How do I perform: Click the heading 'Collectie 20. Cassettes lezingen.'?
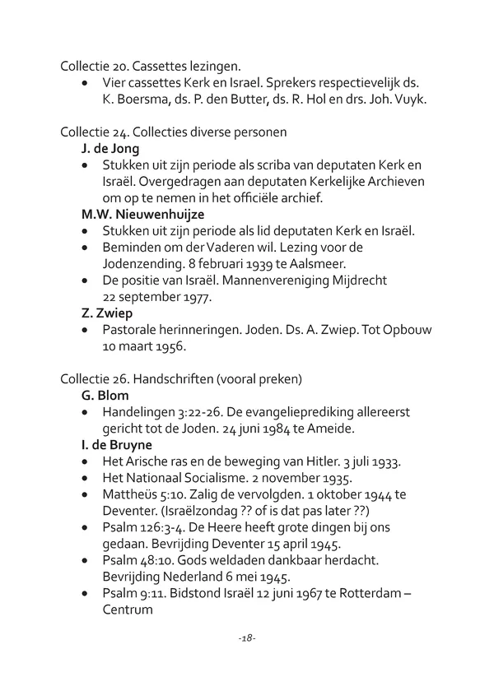click(x=157, y=65)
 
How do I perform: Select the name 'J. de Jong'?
click(x=111, y=148)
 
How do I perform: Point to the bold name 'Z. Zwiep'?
click(x=107, y=313)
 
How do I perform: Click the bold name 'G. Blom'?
click(x=105, y=395)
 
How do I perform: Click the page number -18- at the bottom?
click(x=247, y=637)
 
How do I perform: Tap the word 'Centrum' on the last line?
click(x=128, y=610)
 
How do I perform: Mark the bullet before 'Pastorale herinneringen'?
click(x=87, y=330)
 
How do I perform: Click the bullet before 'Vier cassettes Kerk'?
click(x=87, y=83)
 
